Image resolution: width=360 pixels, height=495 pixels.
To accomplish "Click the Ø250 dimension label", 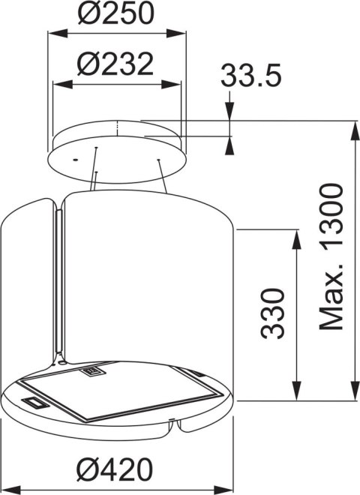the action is point(116,13).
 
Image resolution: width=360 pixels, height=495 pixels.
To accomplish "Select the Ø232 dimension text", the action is point(115,64).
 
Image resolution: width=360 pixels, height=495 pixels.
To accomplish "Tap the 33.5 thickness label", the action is point(250,76).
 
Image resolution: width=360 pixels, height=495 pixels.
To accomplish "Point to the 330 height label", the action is point(272,313).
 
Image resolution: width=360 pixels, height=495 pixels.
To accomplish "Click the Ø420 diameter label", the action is point(115,469).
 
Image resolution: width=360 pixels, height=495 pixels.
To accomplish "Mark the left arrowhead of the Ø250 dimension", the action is point(57,33).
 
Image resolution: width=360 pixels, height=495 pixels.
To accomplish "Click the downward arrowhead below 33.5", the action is point(229,110).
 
